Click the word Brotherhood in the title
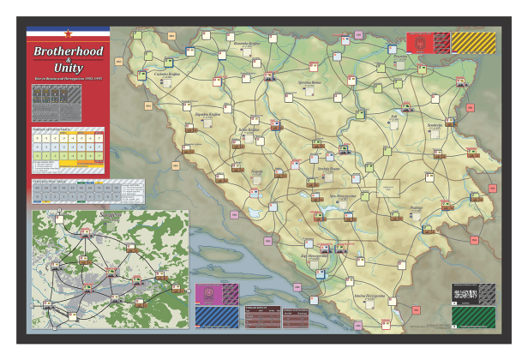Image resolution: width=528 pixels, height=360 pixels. tap(68, 51)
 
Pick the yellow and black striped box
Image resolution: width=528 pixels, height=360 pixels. tap(473, 42)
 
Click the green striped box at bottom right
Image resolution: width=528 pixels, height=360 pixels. tap(473, 315)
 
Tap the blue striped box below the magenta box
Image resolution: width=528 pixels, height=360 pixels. tap(213, 315)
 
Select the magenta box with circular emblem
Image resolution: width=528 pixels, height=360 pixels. tap(213, 294)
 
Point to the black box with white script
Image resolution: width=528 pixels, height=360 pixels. tap(473, 292)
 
